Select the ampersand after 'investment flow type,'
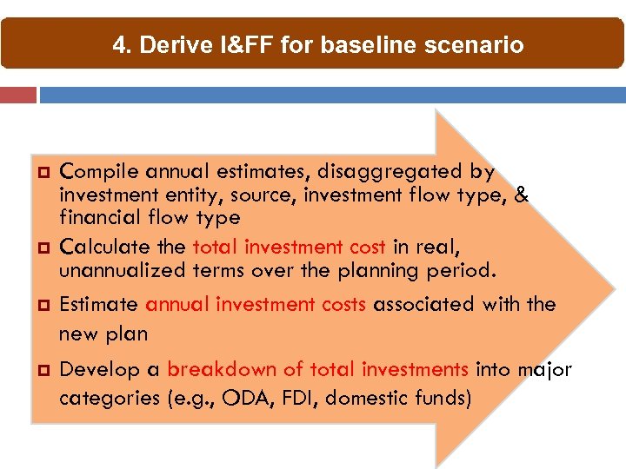(521, 195)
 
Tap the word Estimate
(98, 304)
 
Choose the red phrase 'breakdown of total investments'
(317, 369)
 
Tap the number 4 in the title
(118, 44)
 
